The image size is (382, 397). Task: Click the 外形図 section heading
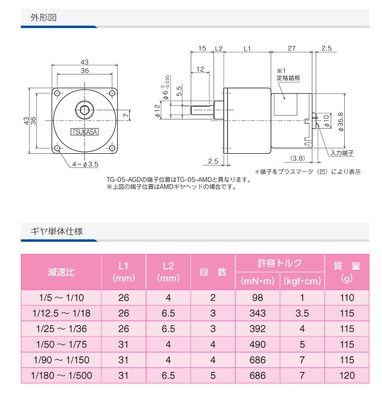(x=44, y=18)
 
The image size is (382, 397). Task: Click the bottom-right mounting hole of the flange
(x=112, y=147)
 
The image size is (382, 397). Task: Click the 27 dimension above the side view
(x=291, y=48)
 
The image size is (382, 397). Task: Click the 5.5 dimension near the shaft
(x=179, y=90)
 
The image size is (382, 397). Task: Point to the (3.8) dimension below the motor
(x=298, y=158)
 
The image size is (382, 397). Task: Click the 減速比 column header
(x=61, y=272)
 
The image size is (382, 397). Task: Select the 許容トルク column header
(x=280, y=264)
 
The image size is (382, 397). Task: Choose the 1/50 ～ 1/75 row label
(x=61, y=344)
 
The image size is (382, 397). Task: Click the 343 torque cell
(x=257, y=313)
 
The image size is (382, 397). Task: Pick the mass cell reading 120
(x=347, y=375)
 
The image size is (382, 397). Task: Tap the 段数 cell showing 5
(x=213, y=375)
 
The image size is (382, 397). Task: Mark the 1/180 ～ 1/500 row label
(x=61, y=375)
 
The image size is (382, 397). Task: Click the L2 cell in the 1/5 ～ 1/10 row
(x=168, y=298)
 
